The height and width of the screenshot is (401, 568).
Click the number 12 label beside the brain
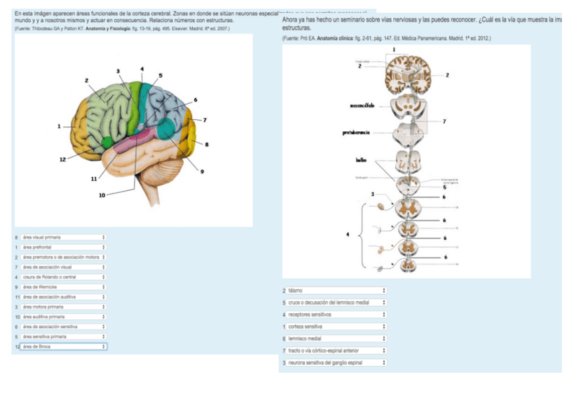click(x=62, y=159)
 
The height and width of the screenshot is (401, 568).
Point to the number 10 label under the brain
click(x=102, y=195)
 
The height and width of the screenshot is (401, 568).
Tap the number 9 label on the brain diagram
click(x=202, y=172)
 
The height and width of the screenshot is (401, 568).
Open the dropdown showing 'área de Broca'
click(x=64, y=347)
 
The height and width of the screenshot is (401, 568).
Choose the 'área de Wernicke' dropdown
click(x=64, y=287)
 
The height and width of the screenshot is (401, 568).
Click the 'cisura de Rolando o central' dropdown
click(x=64, y=276)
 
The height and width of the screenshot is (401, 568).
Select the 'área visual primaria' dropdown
click(x=64, y=237)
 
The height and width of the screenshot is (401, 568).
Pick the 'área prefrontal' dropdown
click(x=64, y=247)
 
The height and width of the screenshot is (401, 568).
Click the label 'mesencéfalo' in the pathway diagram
click(x=362, y=106)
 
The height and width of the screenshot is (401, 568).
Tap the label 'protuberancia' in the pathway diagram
click(x=356, y=133)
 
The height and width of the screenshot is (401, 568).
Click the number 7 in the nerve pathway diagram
click(x=444, y=121)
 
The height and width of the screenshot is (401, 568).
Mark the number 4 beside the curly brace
click(x=348, y=234)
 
